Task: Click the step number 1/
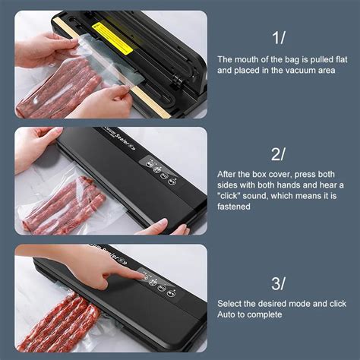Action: [279, 38]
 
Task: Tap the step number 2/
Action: [278, 154]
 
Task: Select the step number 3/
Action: [278, 283]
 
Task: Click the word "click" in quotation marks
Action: [228, 196]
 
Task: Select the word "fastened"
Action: [234, 207]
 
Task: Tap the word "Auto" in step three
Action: [226, 314]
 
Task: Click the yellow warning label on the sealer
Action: [113, 37]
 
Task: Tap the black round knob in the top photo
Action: [179, 81]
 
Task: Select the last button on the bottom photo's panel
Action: [171, 294]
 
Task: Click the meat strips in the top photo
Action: [59, 89]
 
